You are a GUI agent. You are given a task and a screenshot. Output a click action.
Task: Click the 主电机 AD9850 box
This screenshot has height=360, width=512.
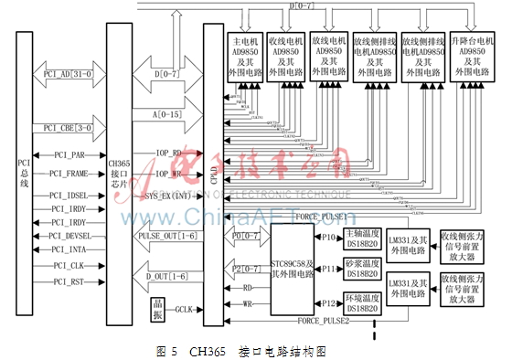247,58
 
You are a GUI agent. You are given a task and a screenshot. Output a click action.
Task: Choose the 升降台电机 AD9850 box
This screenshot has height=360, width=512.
472,58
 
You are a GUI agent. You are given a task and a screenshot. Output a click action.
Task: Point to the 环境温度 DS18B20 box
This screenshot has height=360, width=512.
363,302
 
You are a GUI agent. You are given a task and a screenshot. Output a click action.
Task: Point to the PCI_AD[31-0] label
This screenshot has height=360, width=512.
65,72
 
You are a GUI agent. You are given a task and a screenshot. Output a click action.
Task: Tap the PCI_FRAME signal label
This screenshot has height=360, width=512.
69,172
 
